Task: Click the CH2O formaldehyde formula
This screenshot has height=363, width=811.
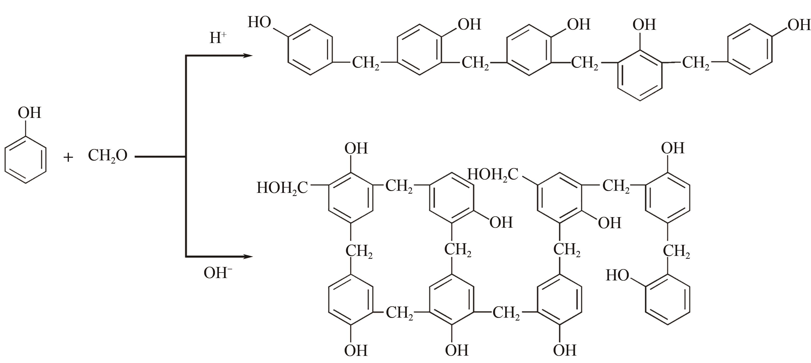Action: (108, 155)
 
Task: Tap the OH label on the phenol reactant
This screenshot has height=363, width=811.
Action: (29, 113)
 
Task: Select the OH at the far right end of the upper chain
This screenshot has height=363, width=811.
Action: (799, 25)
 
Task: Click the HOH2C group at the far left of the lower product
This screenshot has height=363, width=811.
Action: (282, 188)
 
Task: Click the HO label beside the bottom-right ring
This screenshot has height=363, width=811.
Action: (617, 275)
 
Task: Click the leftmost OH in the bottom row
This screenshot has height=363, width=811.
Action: (356, 350)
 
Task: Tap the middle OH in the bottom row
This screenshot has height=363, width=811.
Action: (457, 350)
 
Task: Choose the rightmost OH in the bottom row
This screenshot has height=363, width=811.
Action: (565, 350)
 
